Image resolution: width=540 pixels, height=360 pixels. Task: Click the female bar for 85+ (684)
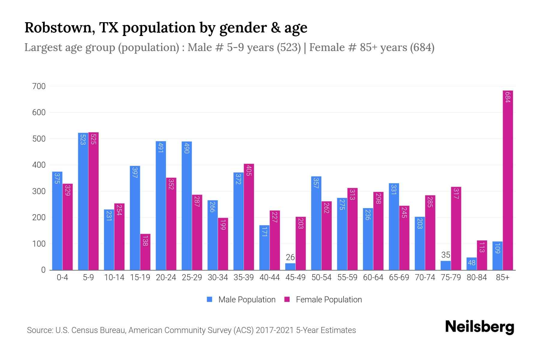pyautogui.click(x=508, y=180)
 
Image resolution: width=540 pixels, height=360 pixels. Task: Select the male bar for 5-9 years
pyautogui.click(x=83, y=201)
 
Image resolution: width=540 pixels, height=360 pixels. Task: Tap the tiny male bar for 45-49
pyautogui.click(x=290, y=267)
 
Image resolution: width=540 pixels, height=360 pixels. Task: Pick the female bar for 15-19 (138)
pyautogui.click(x=145, y=252)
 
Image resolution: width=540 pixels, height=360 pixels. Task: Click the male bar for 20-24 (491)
pyautogui.click(x=161, y=205)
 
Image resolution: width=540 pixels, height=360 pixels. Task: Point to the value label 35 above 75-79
pyautogui.click(x=446, y=255)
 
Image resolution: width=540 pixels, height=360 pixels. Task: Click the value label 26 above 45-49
pyautogui.click(x=290, y=257)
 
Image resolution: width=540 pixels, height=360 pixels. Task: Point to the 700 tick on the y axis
pyautogui.click(x=39, y=86)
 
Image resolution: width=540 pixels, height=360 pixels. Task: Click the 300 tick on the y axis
pyautogui.click(x=39, y=191)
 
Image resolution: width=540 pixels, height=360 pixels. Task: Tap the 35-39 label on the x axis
pyautogui.click(x=244, y=277)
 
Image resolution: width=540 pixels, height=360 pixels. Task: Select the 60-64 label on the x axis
pyautogui.click(x=373, y=277)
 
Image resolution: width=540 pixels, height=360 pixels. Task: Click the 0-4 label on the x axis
pyautogui.click(x=62, y=277)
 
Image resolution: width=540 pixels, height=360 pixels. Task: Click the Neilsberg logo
pyautogui.click(x=479, y=327)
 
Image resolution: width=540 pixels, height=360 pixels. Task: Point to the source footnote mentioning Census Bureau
pyautogui.click(x=191, y=330)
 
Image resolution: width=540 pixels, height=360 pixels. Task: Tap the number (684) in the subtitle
pyautogui.click(x=422, y=47)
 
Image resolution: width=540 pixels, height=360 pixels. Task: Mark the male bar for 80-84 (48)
pyautogui.click(x=471, y=264)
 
